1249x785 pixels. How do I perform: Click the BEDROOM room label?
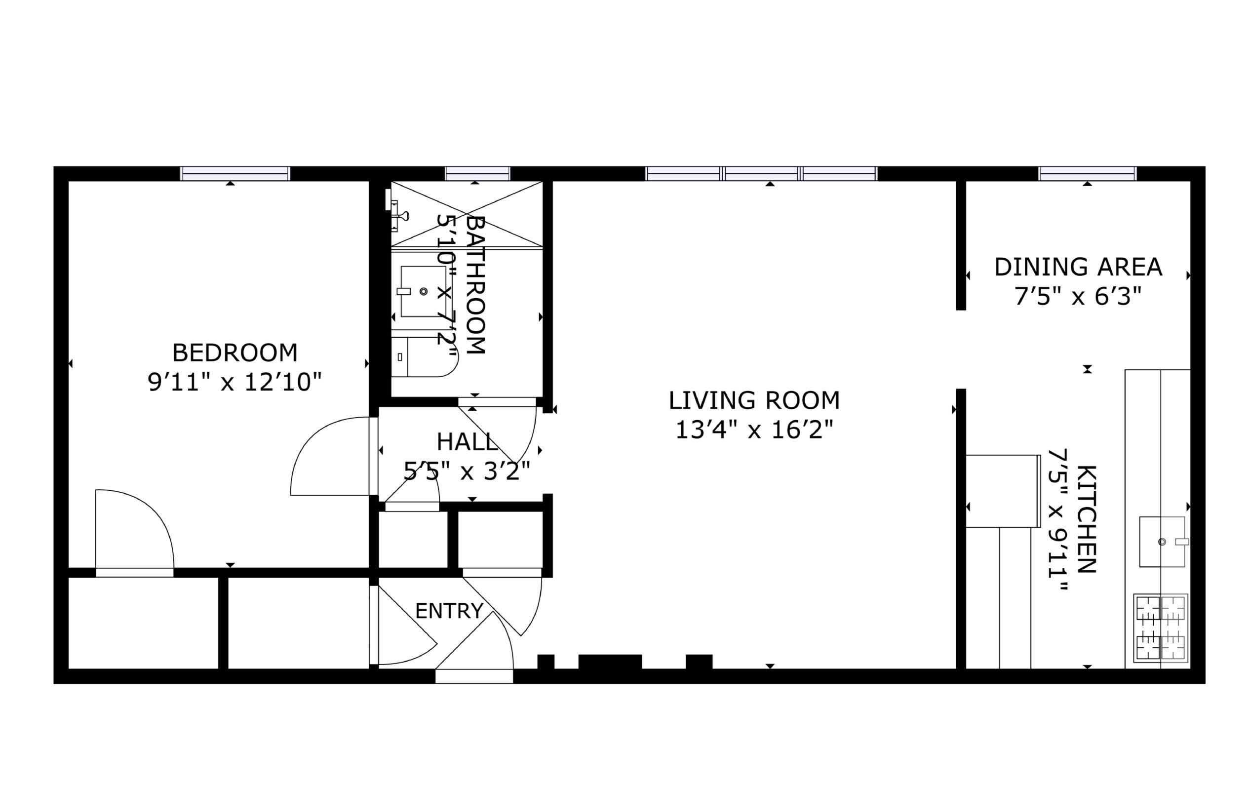(x=235, y=353)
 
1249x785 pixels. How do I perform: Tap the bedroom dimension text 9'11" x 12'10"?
(x=235, y=383)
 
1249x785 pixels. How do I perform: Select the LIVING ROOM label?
(x=754, y=400)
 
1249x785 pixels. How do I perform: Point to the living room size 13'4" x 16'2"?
(x=754, y=430)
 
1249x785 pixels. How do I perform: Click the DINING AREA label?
(x=1078, y=267)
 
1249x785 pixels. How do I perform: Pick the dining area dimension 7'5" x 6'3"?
(x=1078, y=297)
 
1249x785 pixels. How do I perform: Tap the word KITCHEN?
(x=1087, y=519)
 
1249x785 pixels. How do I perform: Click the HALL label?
(x=468, y=442)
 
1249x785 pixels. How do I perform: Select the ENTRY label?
(x=450, y=611)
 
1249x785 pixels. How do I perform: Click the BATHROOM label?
(x=475, y=285)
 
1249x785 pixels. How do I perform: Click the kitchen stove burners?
(x=1161, y=628)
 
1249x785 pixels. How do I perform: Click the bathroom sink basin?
(x=423, y=292)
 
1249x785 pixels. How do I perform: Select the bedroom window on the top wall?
(x=235, y=174)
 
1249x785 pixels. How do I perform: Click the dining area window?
(x=1088, y=174)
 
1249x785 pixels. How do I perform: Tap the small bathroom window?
(x=478, y=174)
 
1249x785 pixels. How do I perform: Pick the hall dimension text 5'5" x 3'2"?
(x=468, y=471)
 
